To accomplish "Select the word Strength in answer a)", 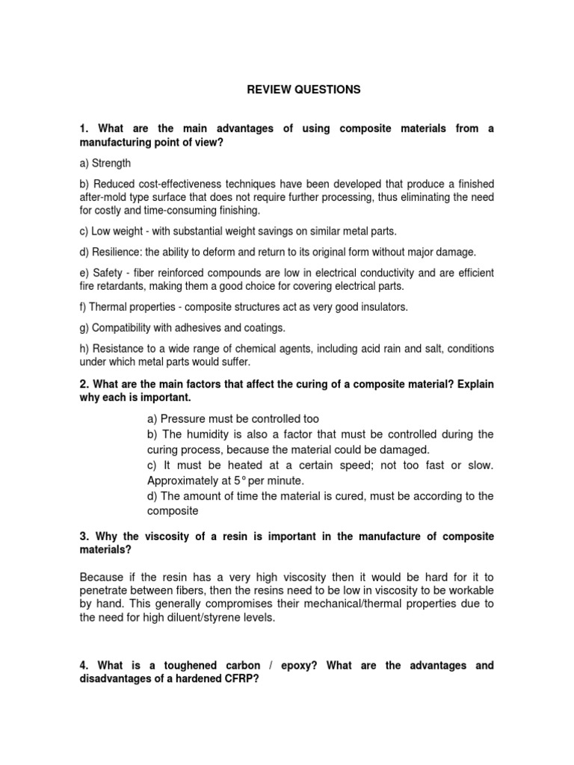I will pyautogui.click(x=111, y=163).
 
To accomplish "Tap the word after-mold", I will pyautogui.click(x=105, y=197).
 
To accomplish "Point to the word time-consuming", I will pyautogui.click(x=191, y=211).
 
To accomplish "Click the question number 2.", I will pyautogui.click(x=83, y=384).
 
